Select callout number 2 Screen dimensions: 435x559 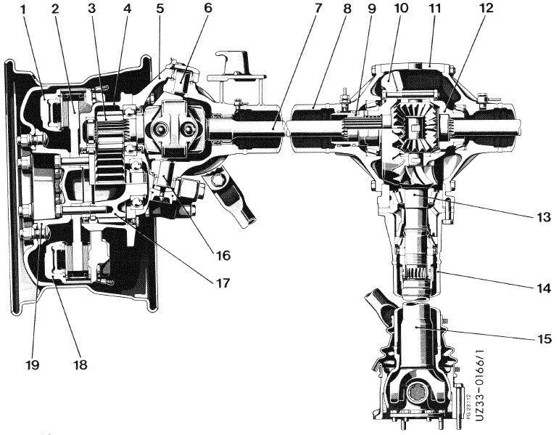point(56,12)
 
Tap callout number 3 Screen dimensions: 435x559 point(91,12)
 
